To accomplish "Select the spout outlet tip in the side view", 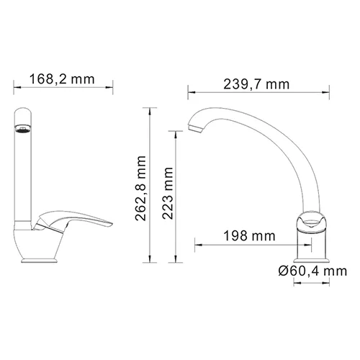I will pos(193,130).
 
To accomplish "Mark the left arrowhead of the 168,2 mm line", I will pos(15,89).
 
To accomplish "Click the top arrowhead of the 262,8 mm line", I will pos(150,109).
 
